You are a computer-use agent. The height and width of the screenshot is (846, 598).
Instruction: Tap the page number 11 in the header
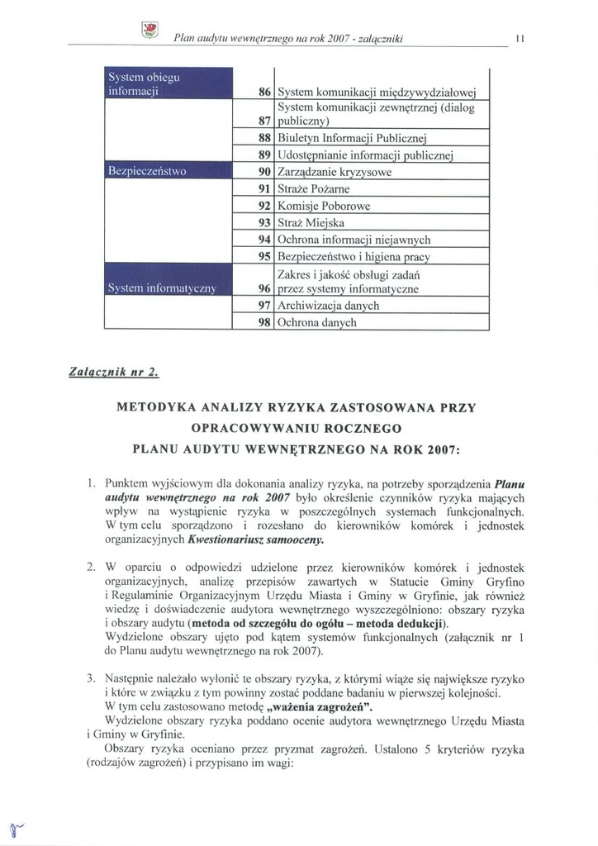tap(518, 38)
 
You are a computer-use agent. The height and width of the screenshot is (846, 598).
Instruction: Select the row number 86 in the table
tap(265, 93)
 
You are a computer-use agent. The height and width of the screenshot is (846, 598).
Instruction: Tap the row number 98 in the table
tap(265, 323)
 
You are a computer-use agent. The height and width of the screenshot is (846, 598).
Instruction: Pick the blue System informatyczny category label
tap(162, 288)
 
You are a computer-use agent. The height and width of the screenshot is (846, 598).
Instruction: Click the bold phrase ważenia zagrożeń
tap(319, 707)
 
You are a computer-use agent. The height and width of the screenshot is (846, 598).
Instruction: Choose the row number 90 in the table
tap(265, 173)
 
